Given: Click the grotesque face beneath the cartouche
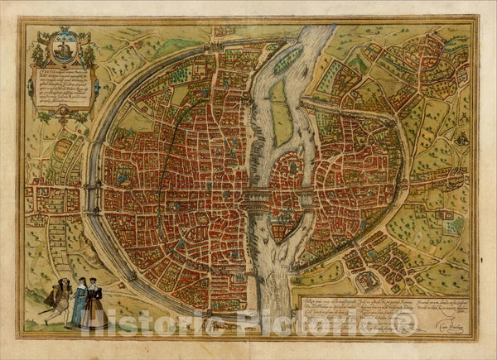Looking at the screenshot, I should pyautogui.click(x=64, y=117).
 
